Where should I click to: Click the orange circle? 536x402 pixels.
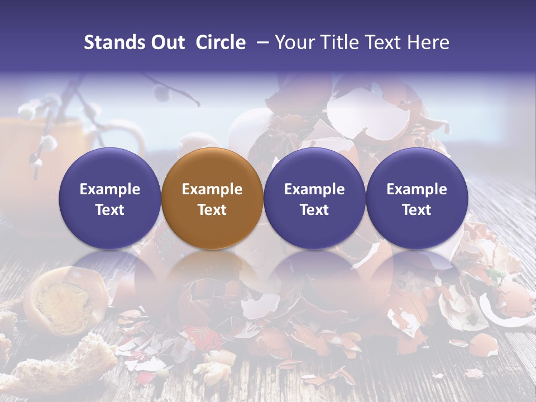click(x=212, y=198)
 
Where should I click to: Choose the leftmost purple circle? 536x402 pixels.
click(x=110, y=198)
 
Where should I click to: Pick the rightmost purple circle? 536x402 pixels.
click(x=417, y=198)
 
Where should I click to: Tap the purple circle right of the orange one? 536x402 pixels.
click(x=314, y=198)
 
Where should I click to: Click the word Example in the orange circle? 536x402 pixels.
click(x=212, y=189)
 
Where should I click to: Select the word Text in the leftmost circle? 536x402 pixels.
click(x=110, y=210)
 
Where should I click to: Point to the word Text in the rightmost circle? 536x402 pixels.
click(x=417, y=210)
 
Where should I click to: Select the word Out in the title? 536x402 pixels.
click(x=166, y=42)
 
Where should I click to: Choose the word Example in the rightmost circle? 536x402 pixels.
click(x=417, y=189)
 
